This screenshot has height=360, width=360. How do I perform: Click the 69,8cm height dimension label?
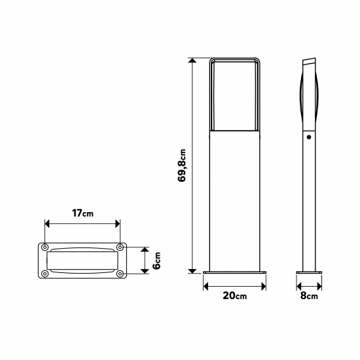(x=182, y=166)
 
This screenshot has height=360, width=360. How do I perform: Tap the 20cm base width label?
(x=234, y=295)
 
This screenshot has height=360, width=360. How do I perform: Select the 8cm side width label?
(x=309, y=295)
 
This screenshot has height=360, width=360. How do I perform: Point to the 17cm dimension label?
(x=82, y=213)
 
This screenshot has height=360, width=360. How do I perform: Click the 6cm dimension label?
(x=156, y=261)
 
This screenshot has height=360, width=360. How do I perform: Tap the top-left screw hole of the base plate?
(x=45, y=247)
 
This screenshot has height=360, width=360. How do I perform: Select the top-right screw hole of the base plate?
(x=120, y=247)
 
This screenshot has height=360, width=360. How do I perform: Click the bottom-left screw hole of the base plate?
(x=45, y=274)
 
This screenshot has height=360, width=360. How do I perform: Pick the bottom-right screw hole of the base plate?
(x=120, y=274)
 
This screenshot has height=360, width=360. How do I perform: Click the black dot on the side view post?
(x=309, y=137)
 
